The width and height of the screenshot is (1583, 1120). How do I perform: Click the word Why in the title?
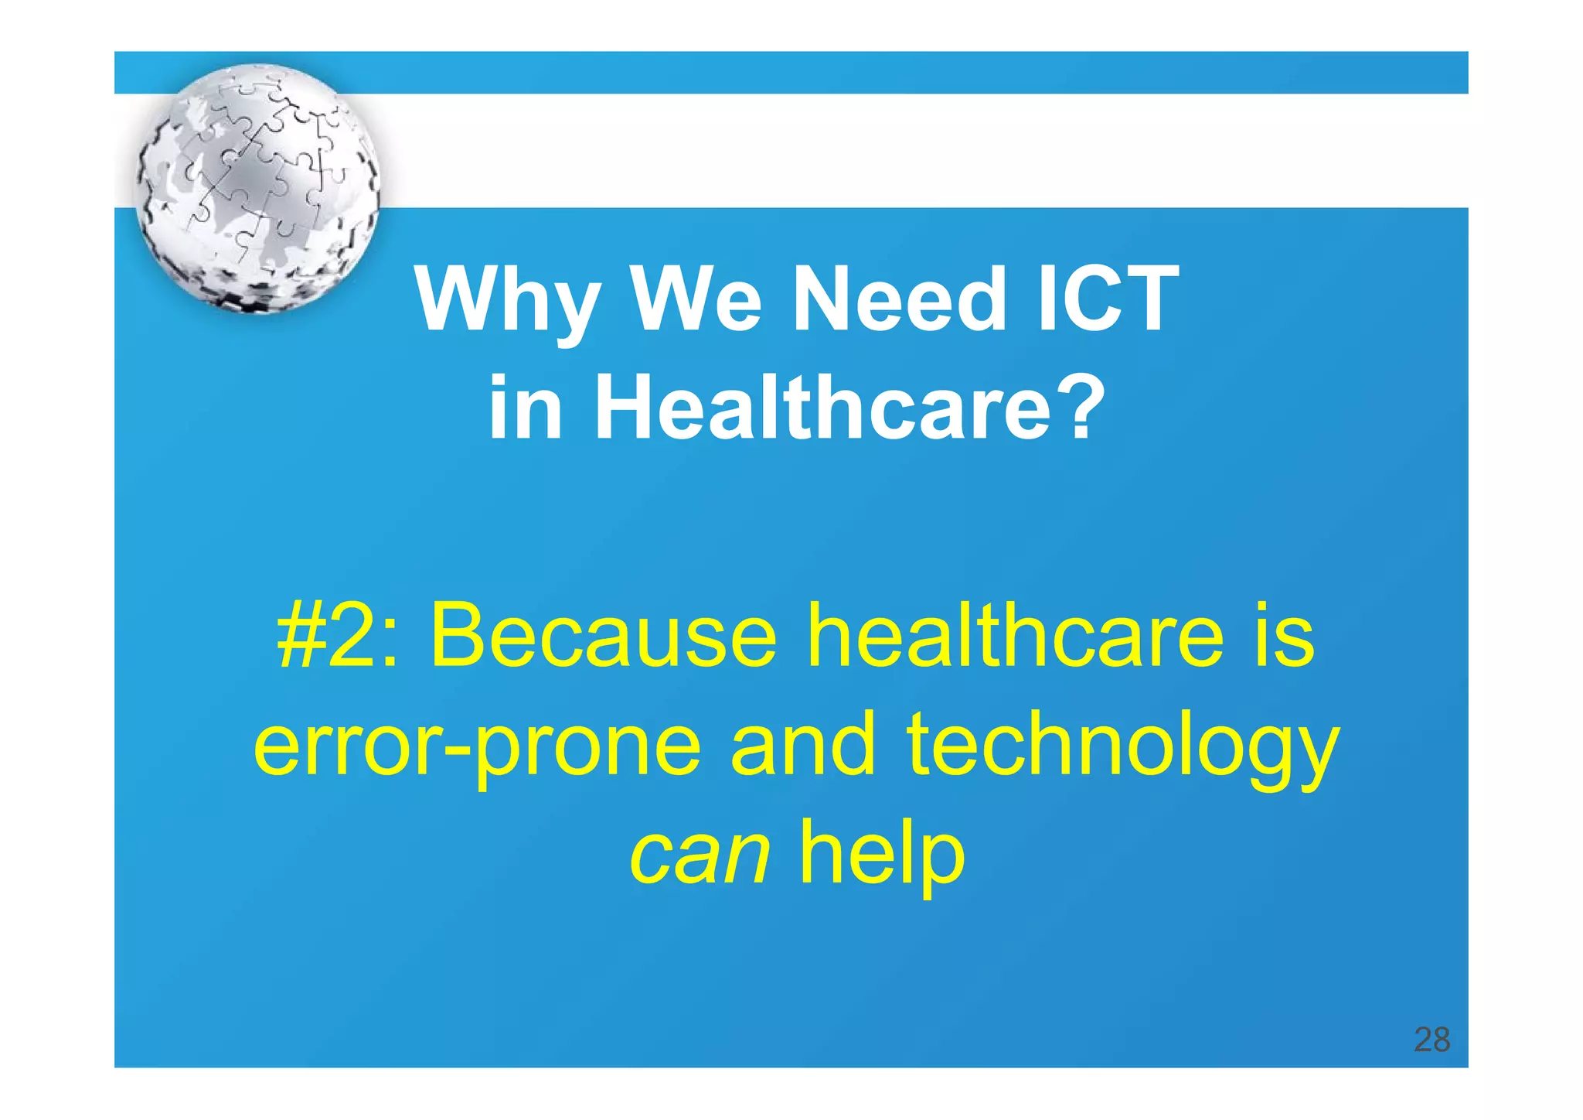pos(506,302)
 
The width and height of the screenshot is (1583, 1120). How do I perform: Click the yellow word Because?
pos(603,636)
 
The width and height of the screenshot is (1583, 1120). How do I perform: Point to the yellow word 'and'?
pos(802,744)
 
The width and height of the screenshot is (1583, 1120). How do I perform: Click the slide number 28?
pos(1432,1040)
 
